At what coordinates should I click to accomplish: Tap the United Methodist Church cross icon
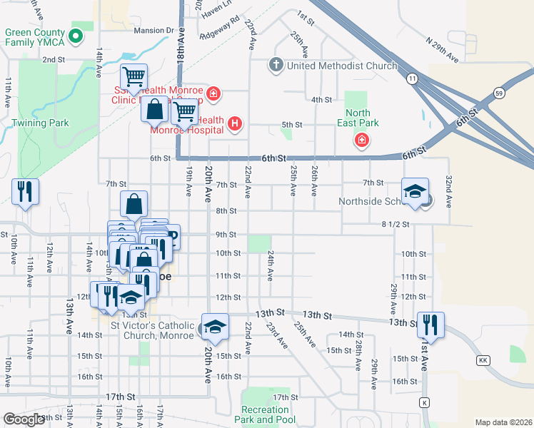276,66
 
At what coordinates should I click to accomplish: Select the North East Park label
358,118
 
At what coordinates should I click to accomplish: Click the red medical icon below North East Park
362,139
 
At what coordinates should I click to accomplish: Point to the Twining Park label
41,123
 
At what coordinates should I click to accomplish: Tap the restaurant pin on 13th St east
430,324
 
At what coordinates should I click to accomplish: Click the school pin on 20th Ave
214,326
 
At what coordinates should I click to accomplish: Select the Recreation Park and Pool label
265,414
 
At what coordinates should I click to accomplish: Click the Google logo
24,419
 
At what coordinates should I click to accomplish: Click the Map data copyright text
504,422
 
